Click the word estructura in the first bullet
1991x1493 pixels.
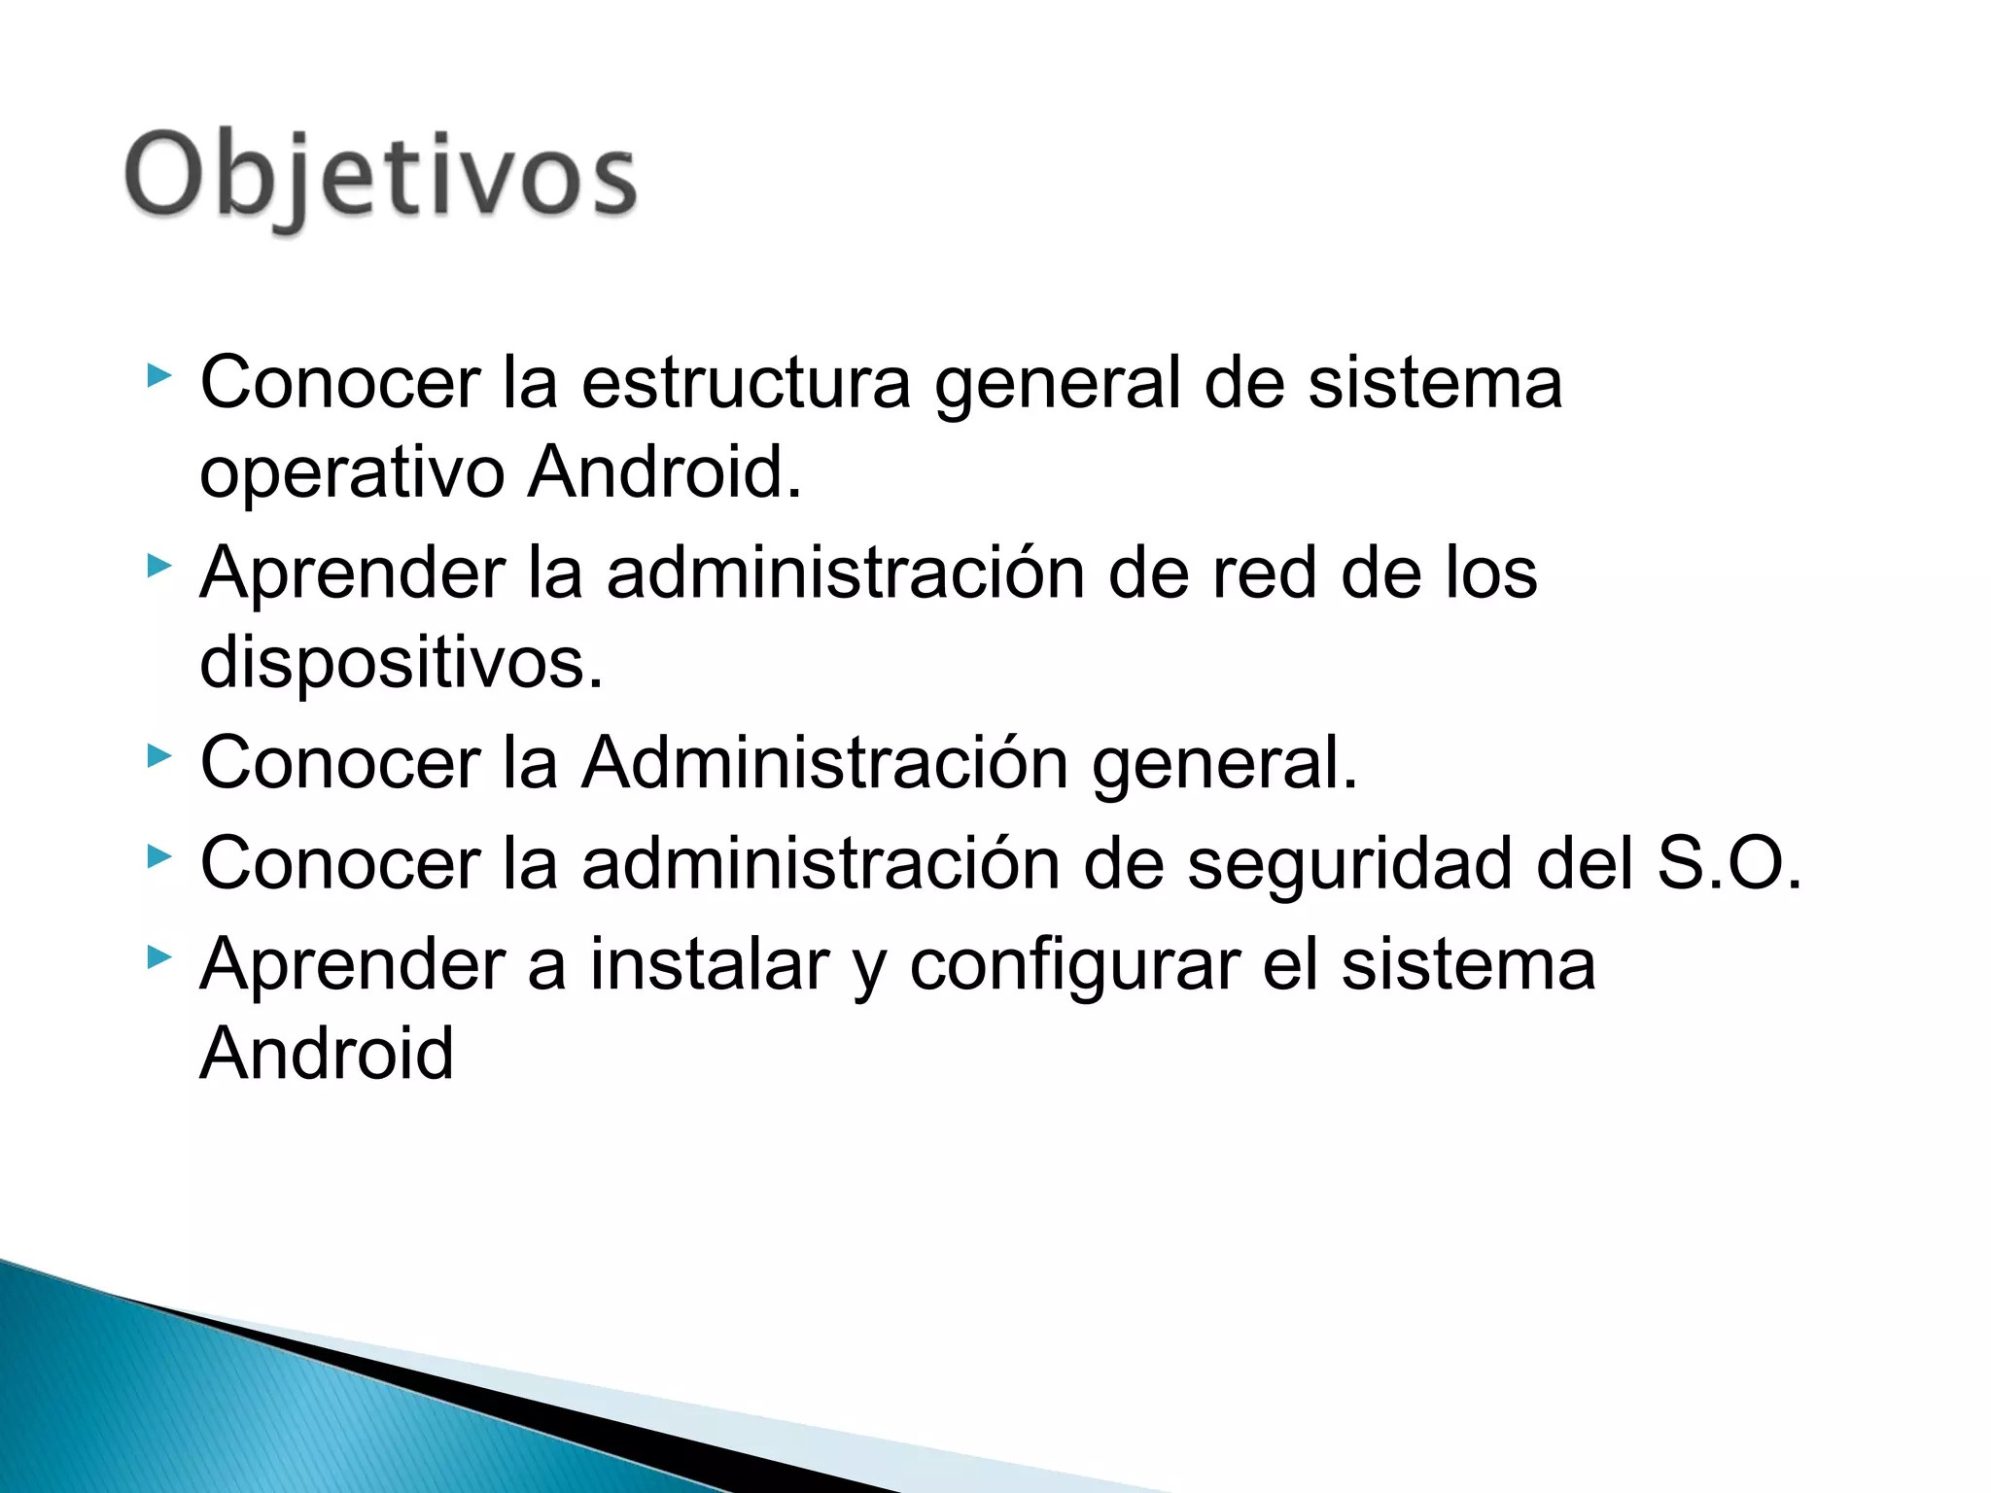tap(746, 383)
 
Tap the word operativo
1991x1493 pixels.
tap(352, 473)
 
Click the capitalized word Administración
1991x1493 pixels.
tap(825, 764)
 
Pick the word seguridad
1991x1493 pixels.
tap(1349, 864)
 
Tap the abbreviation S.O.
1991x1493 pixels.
tap(1729, 864)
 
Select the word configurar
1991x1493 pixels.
tap(1074, 967)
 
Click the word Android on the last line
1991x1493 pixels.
tap(327, 1054)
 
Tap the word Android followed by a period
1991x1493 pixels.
tap(665, 473)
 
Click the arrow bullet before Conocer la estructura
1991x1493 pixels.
tap(159, 375)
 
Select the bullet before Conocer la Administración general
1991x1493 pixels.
tap(159, 755)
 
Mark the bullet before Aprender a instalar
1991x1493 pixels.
tap(159, 958)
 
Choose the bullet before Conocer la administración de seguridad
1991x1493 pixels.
tap(159, 856)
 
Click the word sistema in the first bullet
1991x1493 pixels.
tap(1435, 383)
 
